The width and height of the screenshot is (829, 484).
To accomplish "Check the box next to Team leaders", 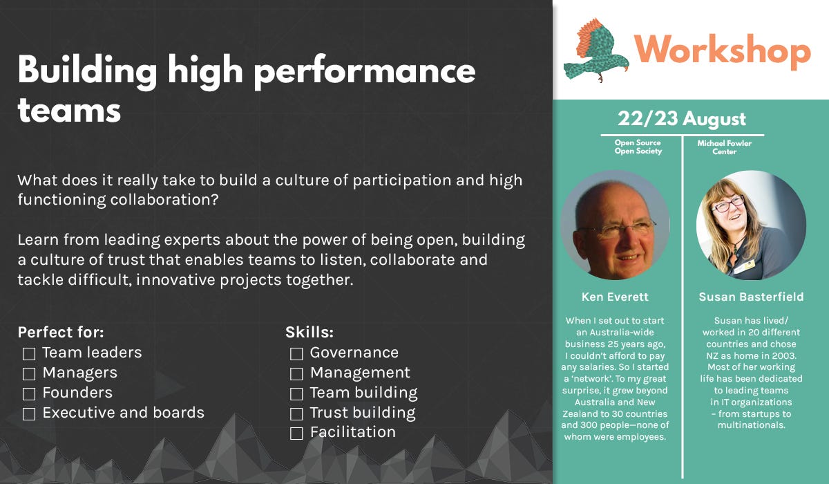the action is [x=29, y=353].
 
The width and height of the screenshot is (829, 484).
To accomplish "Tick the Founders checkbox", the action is [x=29, y=393].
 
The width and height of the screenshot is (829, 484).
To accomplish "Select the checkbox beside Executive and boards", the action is [x=29, y=413].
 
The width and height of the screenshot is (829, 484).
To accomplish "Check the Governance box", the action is [x=296, y=353].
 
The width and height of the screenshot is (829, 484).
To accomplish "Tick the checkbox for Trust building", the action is [x=296, y=413].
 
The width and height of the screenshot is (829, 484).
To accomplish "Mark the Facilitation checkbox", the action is [x=296, y=434].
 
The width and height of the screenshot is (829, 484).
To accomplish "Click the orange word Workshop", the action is [x=723, y=50].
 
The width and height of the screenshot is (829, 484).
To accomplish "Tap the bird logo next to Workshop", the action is [x=595, y=50].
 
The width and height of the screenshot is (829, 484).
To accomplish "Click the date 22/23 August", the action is [x=682, y=118].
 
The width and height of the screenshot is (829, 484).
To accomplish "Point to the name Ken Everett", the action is [x=615, y=297].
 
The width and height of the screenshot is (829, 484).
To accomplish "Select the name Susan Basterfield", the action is [x=752, y=297].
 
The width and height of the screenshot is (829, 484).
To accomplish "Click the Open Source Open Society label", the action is [x=638, y=147].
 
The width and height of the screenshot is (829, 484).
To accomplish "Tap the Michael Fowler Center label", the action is [x=724, y=147].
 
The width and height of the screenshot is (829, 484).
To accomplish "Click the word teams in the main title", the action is [x=69, y=111].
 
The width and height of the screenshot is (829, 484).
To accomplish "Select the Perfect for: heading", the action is [x=61, y=332].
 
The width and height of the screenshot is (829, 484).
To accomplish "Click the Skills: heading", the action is [x=309, y=332].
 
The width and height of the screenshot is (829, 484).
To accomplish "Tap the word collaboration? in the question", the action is [x=164, y=200].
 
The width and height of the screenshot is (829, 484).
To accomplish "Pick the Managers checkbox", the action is [x=29, y=373].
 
